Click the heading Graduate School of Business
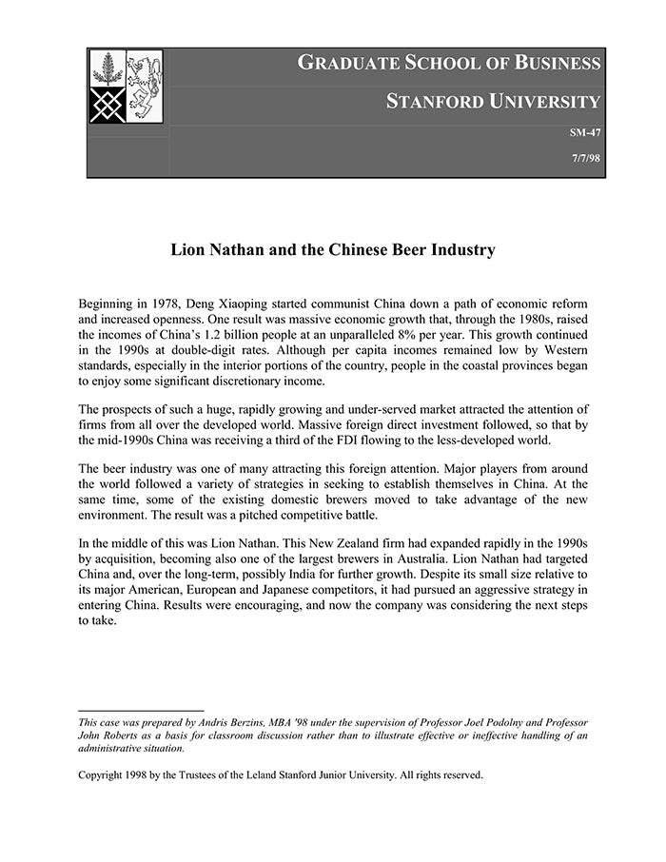click(x=449, y=64)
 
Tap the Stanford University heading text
click(x=493, y=102)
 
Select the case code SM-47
click(x=584, y=133)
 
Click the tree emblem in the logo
click(x=108, y=69)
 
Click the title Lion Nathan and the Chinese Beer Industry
click(x=333, y=250)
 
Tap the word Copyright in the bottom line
click(x=104, y=774)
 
